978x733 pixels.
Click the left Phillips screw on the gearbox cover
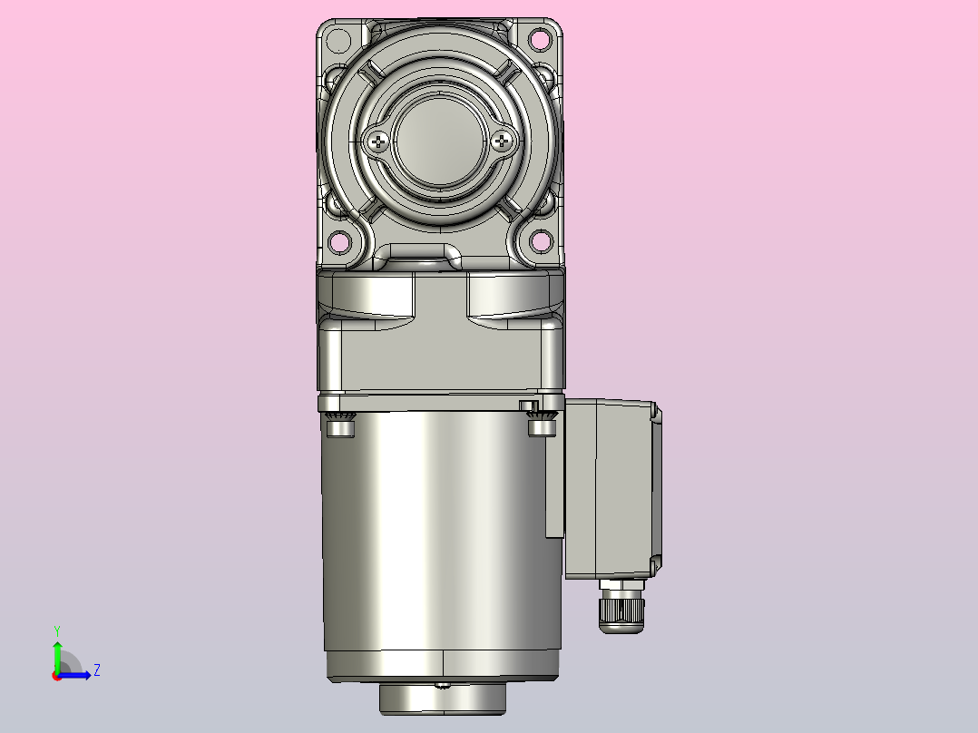click(x=378, y=142)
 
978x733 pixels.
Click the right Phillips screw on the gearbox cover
click(x=502, y=142)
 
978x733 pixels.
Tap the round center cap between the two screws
click(x=440, y=142)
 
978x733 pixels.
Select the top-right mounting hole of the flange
click(x=540, y=40)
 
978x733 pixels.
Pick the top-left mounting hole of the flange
click(x=338, y=41)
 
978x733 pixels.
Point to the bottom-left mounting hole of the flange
click(x=339, y=242)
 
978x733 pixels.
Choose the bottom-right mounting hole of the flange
click(x=541, y=240)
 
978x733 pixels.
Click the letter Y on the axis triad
click(x=57, y=630)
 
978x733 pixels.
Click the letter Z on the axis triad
click(x=97, y=670)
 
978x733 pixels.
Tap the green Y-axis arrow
click(x=57, y=656)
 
